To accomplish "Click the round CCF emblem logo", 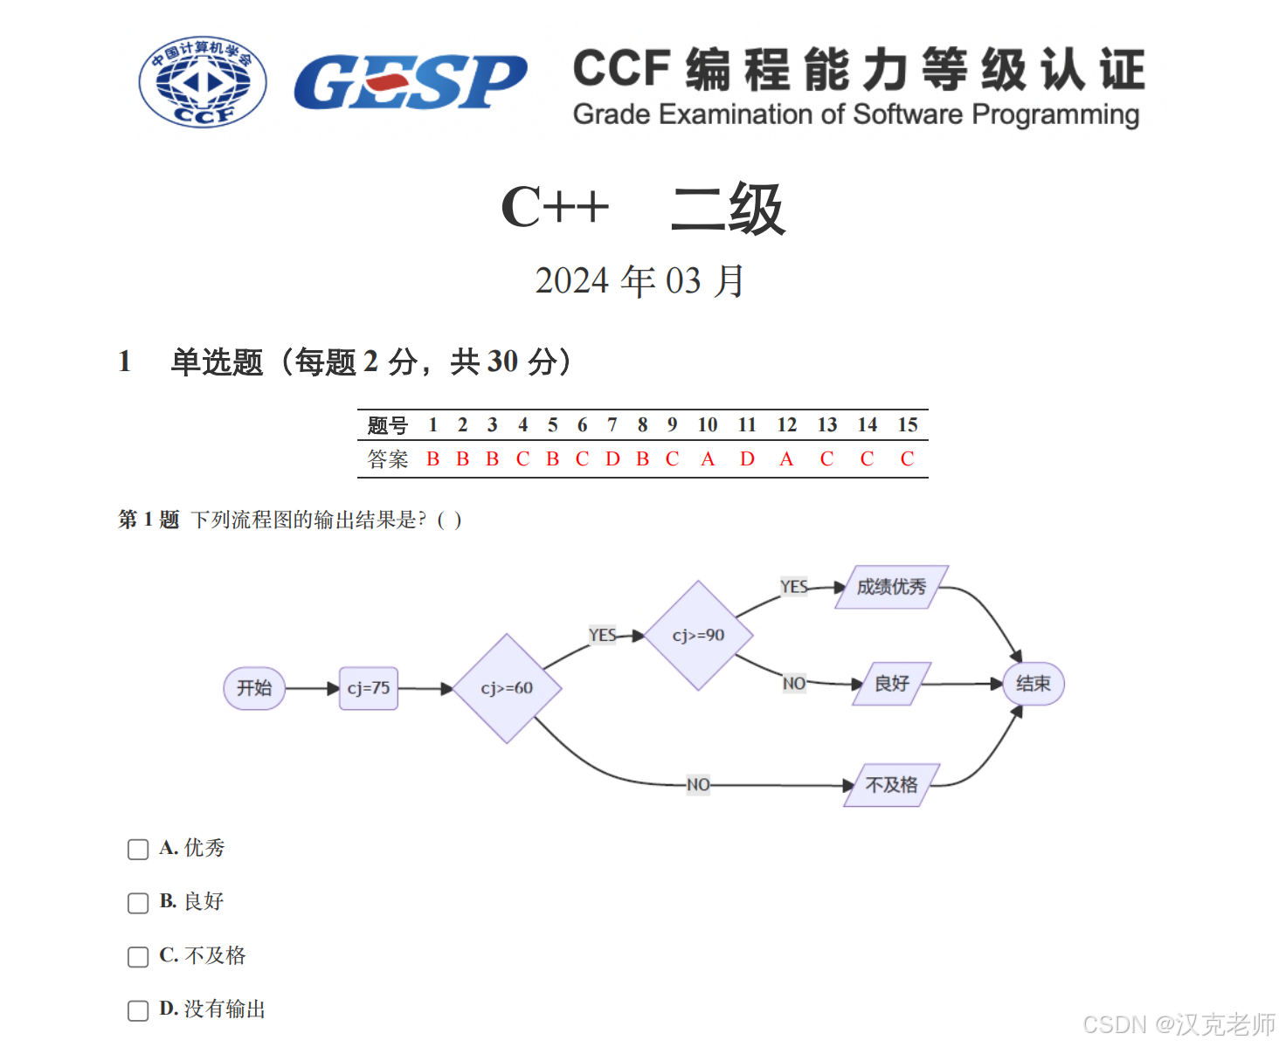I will coord(203,82).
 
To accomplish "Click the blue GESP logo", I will coord(410,82).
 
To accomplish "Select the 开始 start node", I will coord(254,688).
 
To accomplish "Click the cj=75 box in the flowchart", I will coord(369,688).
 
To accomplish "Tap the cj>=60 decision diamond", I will coord(507,688).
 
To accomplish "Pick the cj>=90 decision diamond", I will coord(698,636).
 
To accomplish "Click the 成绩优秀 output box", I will coord(891,587).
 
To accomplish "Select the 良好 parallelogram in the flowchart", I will coord(891,684).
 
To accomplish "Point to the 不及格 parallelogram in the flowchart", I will coord(891,785).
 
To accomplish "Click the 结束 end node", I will coord(1033,684).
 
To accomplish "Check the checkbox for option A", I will coord(138,850).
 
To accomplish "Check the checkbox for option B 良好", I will coord(138,903).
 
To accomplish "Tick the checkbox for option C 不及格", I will coord(138,957).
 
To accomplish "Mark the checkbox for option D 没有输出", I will coord(138,1010).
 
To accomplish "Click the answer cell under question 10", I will coord(708,459).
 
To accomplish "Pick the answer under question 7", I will coord(612,459).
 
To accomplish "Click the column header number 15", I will coord(908,425).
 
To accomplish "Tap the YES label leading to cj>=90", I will coord(603,636).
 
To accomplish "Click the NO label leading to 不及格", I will coord(698,785).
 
